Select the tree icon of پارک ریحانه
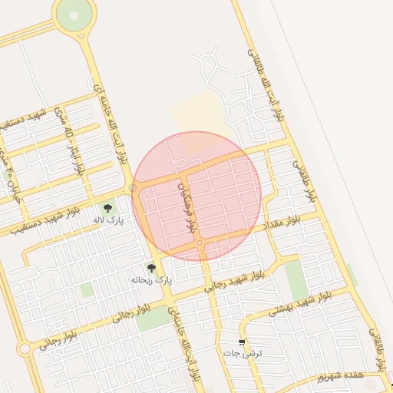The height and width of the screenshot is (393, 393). click(x=151, y=269)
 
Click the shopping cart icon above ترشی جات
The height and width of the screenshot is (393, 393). click(x=243, y=342)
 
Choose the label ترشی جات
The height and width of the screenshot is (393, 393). click(x=243, y=354)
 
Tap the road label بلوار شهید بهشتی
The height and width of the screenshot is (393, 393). click(x=299, y=305)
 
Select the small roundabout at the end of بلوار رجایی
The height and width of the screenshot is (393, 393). click(x=25, y=348)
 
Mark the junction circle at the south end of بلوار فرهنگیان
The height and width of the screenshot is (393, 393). click(x=200, y=243)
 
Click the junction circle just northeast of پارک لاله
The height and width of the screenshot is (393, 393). click(x=133, y=187)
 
